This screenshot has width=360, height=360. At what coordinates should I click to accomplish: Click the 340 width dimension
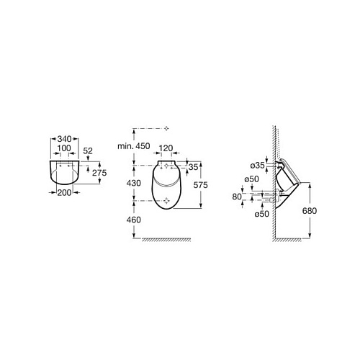pyautogui.click(x=64, y=139)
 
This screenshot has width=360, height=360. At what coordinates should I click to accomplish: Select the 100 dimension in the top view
pyautogui.click(x=64, y=148)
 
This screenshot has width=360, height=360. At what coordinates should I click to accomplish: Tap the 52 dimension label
pyautogui.click(x=88, y=150)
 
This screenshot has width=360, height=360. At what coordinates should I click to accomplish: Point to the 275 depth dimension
pyautogui.click(x=99, y=173)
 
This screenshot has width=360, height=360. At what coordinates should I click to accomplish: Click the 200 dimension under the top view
pyautogui.click(x=64, y=192)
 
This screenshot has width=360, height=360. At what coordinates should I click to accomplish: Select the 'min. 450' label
pyautogui.click(x=134, y=146)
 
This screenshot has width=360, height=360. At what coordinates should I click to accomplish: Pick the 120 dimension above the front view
pyautogui.click(x=166, y=148)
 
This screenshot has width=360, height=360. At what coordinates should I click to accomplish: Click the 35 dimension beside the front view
pyautogui.click(x=193, y=167)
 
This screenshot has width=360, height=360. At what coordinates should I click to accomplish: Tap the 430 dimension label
pyautogui.click(x=134, y=183)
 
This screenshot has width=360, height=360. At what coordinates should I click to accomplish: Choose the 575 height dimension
pyautogui.click(x=200, y=185)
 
